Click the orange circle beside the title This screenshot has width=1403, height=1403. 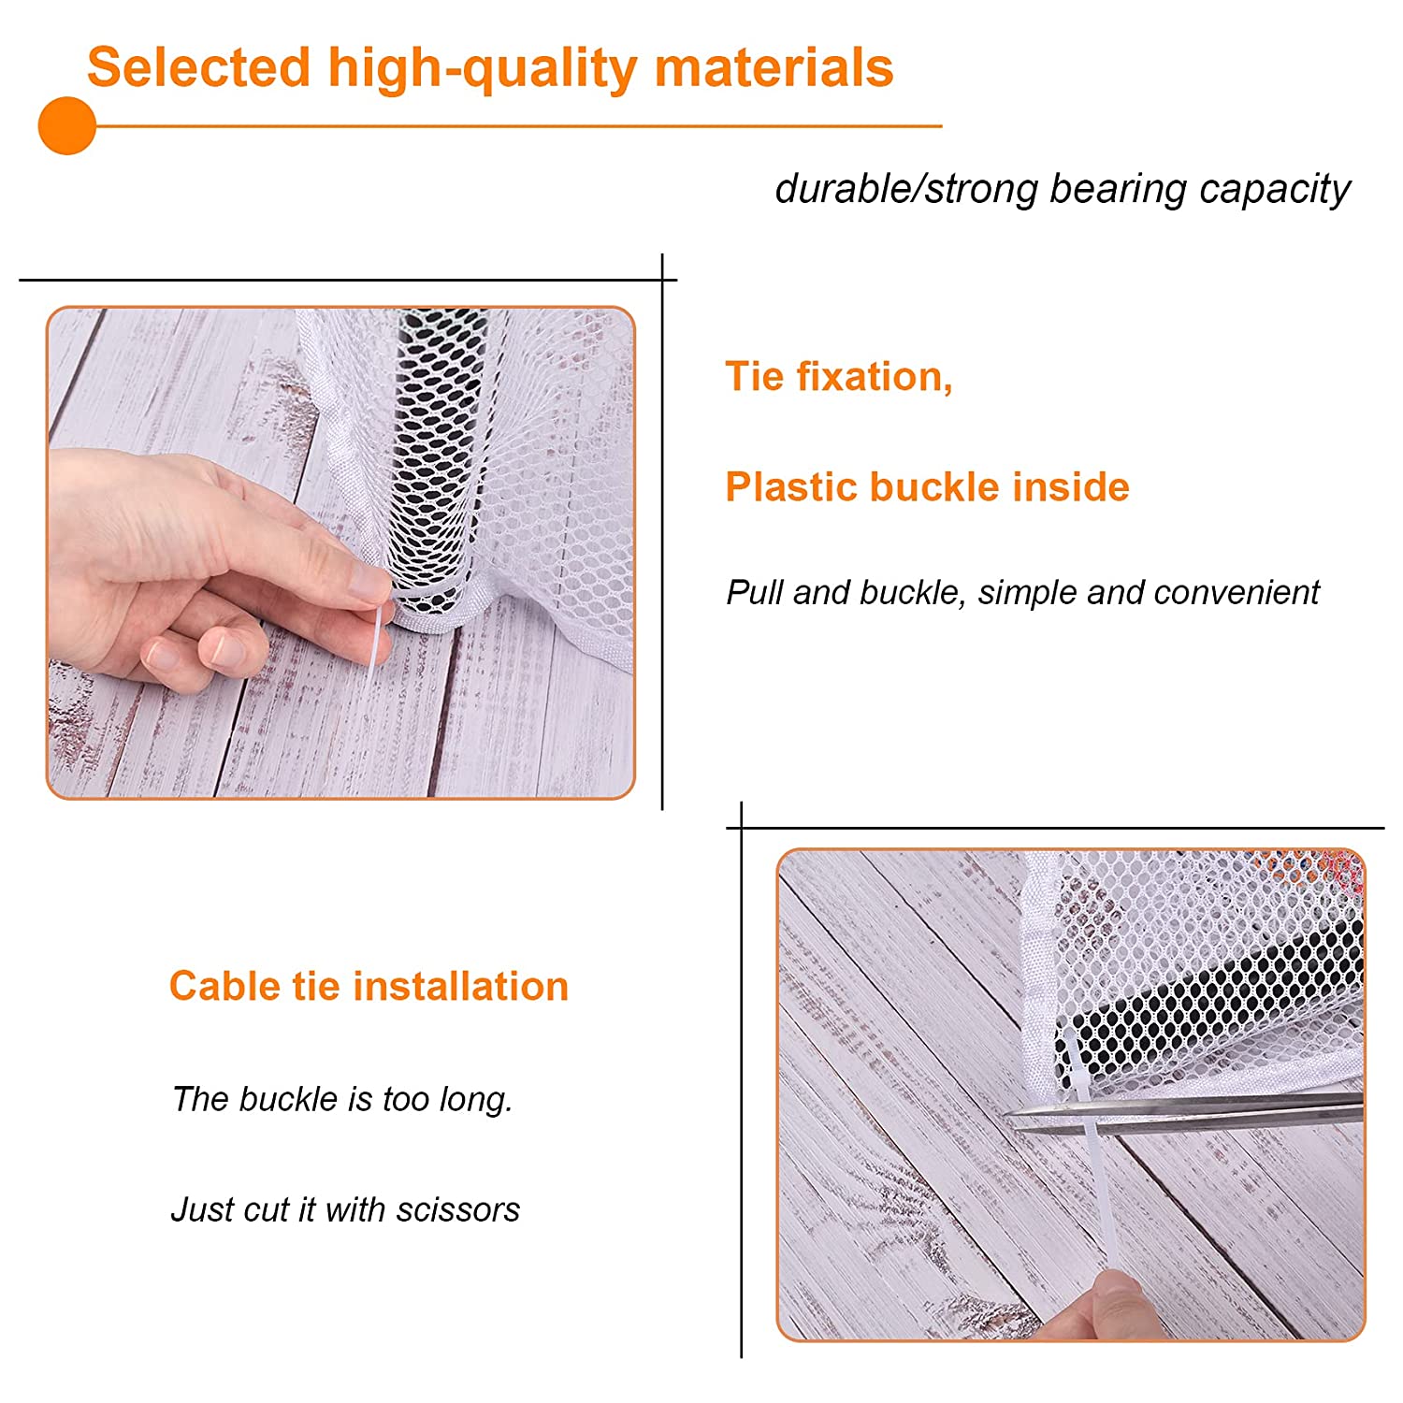(67, 125)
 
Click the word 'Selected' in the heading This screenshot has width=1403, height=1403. (198, 67)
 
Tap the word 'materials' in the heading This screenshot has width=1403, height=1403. (774, 67)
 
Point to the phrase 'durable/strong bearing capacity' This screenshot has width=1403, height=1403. (1063, 189)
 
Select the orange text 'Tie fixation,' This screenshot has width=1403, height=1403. (839, 377)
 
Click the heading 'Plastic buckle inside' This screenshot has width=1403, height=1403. (927, 487)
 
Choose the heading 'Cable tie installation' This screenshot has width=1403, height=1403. (369, 986)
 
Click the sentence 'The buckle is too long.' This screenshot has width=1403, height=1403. (342, 1099)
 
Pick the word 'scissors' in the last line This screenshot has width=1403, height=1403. (457, 1209)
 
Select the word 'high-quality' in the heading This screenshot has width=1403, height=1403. (482, 69)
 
